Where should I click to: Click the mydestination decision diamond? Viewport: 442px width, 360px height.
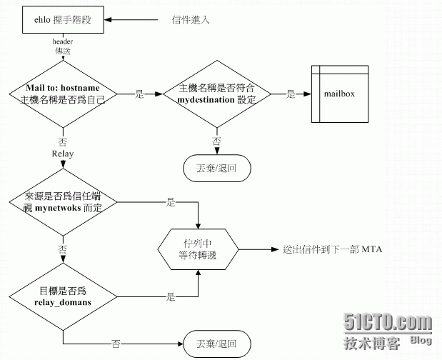click(x=216, y=94)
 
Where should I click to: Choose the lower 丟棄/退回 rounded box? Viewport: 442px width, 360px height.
click(x=216, y=343)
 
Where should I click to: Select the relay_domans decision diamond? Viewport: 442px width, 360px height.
click(x=64, y=296)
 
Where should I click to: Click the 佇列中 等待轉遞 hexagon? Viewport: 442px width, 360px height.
click(x=199, y=249)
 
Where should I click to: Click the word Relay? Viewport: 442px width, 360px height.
click(x=63, y=154)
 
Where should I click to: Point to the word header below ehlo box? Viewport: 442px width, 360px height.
click(x=63, y=41)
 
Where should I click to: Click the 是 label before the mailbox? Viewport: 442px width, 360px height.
click(x=291, y=94)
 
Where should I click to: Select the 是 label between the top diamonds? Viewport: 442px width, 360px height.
click(x=139, y=94)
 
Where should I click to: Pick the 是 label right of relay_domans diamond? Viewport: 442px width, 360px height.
click(x=170, y=296)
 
